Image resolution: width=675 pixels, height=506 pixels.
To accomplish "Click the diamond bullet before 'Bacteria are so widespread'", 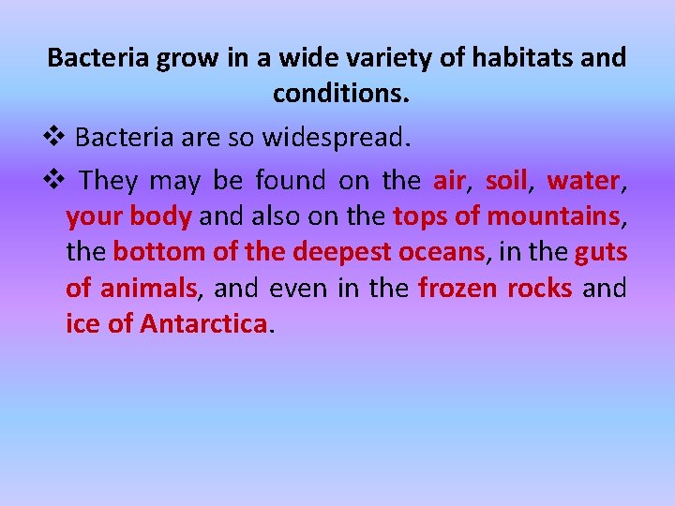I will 57,138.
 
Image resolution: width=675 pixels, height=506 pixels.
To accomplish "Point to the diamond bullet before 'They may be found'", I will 57,179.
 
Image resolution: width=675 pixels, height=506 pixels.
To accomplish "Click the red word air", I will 449,180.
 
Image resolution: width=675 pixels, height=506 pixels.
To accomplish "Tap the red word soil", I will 506,180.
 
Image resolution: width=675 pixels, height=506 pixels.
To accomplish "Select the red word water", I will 583,180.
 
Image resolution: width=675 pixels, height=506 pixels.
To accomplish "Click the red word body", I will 160,216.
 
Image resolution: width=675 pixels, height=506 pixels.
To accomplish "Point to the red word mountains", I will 561,216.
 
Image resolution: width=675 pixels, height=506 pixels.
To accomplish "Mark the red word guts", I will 601,252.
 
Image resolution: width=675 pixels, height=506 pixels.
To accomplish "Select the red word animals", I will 149,289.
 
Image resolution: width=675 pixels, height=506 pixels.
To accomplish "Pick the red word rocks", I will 539,289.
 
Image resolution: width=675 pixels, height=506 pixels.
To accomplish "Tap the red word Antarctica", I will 203,324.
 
